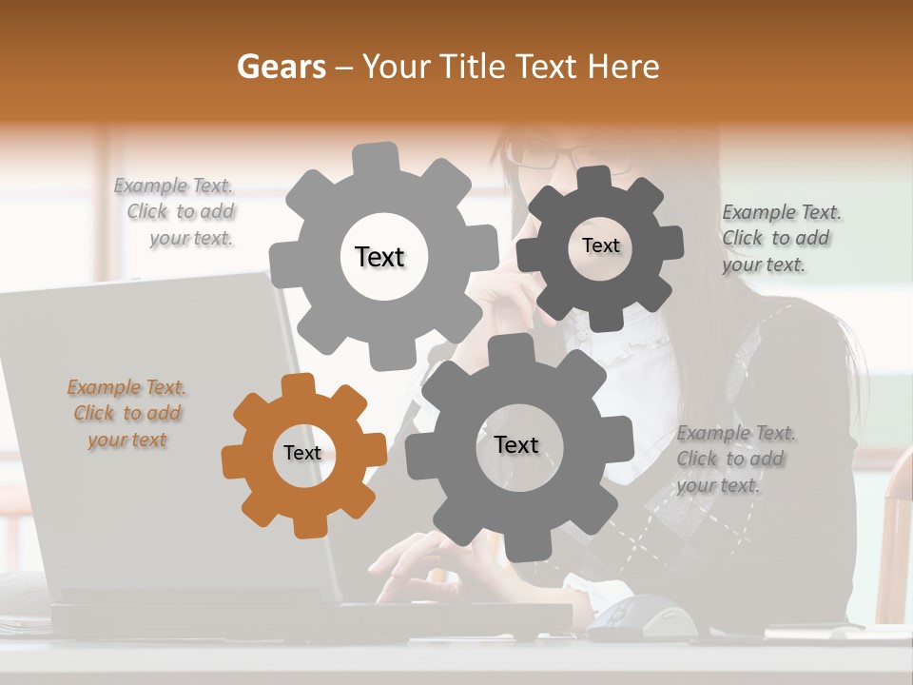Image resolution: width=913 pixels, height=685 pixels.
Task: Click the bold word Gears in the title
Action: [x=282, y=67]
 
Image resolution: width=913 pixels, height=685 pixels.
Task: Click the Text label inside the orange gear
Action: [x=302, y=454]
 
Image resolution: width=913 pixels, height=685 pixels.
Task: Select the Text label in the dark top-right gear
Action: [x=600, y=246]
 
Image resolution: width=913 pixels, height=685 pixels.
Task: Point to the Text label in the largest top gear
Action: [x=379, y=258]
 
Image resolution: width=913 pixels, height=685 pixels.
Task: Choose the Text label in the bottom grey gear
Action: [x=516, y=445]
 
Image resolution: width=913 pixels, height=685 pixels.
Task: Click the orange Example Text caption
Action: [x=126, y=414]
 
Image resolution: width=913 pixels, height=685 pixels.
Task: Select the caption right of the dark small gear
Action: [x=780, y=239]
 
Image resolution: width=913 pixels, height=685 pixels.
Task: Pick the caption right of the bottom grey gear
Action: [x=734, y=460]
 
